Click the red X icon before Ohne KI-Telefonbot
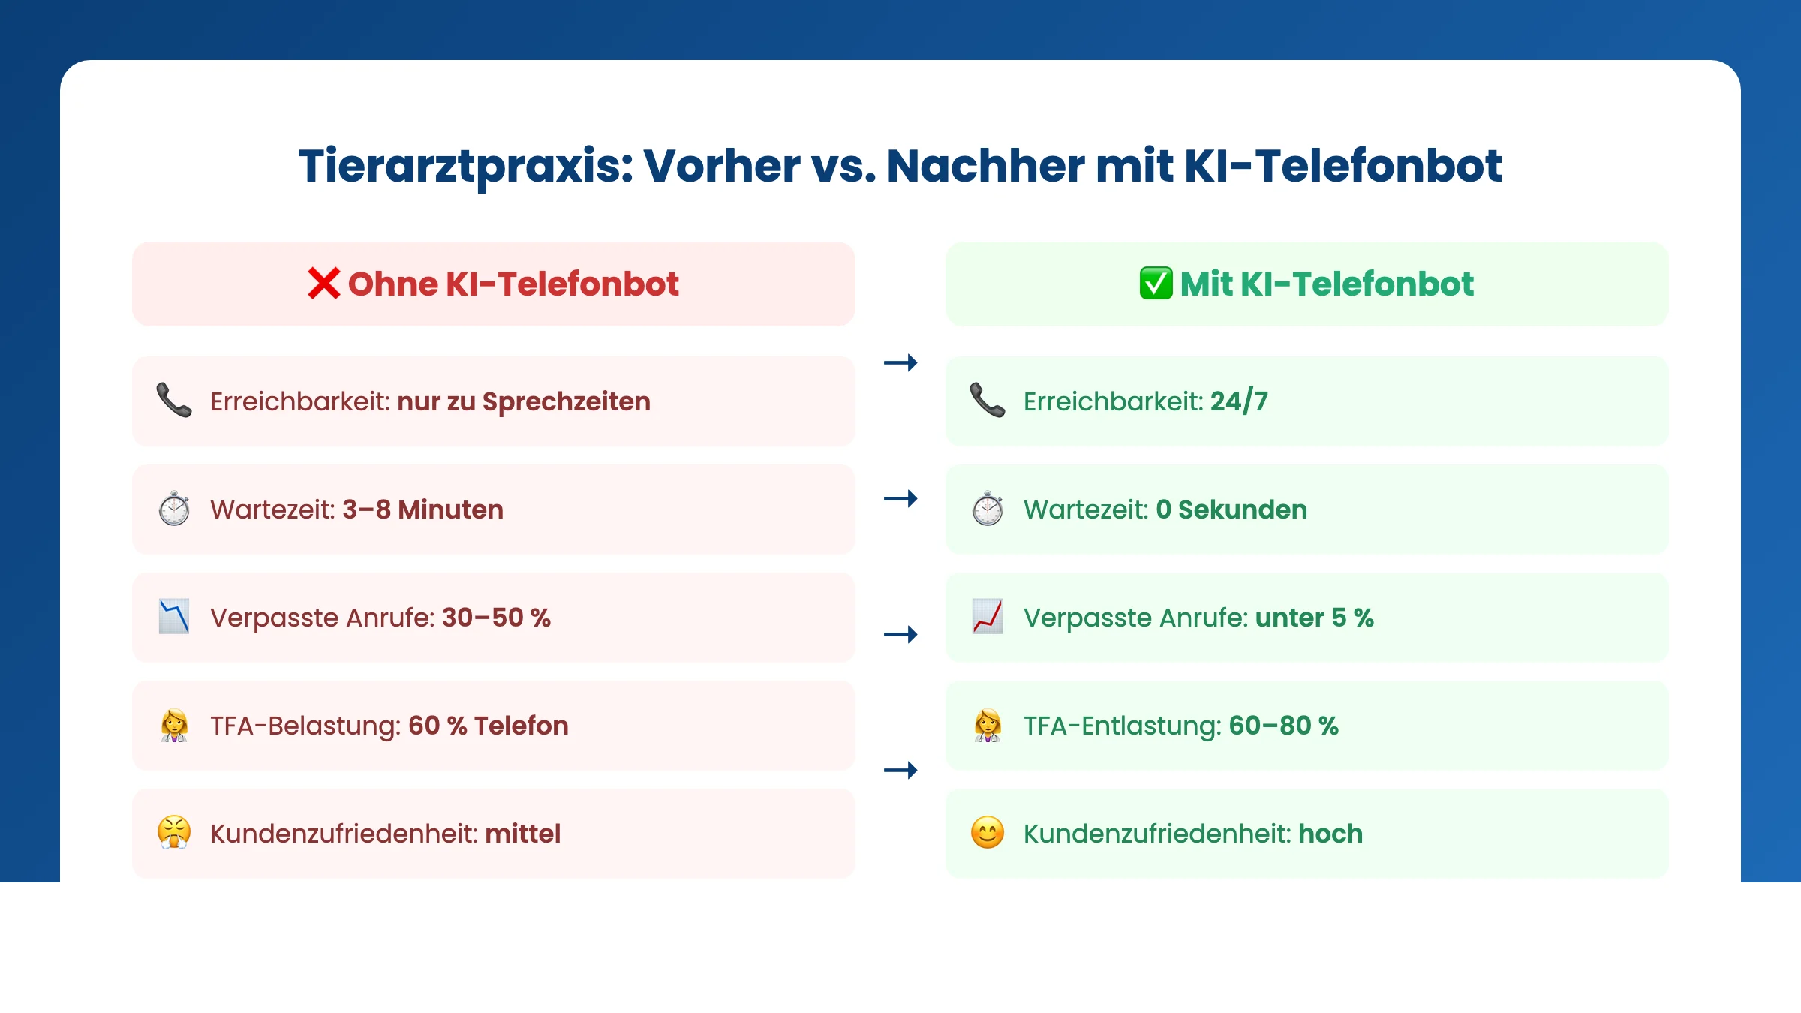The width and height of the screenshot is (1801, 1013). [323, 284]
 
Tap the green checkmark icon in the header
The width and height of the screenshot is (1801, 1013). [1156, 284]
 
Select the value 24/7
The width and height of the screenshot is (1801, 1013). [1239, 401]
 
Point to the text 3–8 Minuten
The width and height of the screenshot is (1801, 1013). [422, 510]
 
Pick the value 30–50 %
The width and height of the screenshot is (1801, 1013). [496, 618]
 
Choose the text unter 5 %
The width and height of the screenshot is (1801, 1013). [1314, 618]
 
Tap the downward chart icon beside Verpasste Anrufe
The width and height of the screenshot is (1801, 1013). [174, 617]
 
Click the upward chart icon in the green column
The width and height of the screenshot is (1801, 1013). [988, 617]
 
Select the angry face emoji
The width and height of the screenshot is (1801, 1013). [174, 833]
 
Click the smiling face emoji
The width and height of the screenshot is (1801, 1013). [988, 833]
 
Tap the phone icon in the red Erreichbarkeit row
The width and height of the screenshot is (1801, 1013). [174, 401]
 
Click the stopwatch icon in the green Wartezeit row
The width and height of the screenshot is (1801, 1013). [988, 509]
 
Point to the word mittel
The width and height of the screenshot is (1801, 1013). [522, 834]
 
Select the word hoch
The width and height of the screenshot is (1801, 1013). [1330, 834]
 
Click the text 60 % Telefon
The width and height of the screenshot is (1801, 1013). [488, 726]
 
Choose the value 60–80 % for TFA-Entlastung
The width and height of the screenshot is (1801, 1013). [1283, 726]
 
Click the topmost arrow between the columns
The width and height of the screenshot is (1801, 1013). [900, 363]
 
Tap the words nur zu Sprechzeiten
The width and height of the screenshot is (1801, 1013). [523, 401]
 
